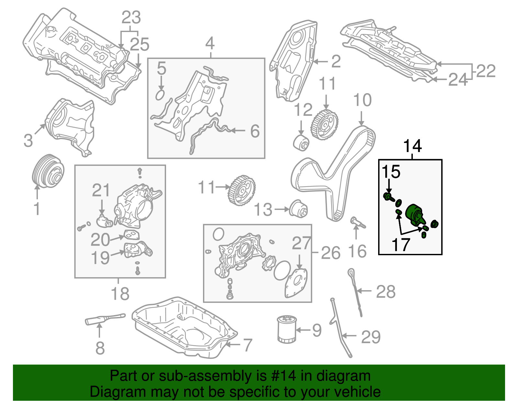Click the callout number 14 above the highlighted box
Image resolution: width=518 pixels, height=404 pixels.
[412, 146]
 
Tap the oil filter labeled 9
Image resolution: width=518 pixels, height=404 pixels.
[287, 329]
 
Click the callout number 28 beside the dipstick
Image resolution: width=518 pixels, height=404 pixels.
[386, 292]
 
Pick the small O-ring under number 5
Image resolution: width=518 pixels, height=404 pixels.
[160, 95]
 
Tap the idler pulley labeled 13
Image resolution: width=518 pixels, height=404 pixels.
[298, 209]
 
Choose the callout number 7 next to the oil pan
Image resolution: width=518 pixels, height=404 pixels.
[247, 345]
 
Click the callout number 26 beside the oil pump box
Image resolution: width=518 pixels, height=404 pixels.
[331, 253]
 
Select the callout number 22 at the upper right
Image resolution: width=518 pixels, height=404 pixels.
[486, 71]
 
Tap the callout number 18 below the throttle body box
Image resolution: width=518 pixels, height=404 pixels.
[120, 294]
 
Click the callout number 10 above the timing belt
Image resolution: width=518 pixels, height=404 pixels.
[362, 101]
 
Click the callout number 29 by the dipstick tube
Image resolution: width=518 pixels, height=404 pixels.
[371, 337]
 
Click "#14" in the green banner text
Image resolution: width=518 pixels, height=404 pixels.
[281, 376]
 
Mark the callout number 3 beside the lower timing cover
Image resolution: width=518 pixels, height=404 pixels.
[28, 141]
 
